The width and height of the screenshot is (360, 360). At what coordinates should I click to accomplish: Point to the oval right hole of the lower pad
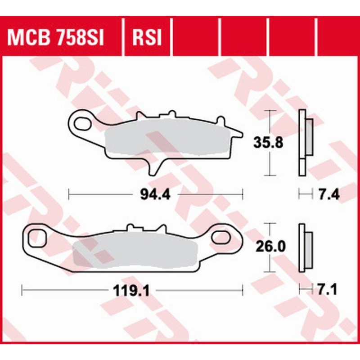point(223,236)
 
